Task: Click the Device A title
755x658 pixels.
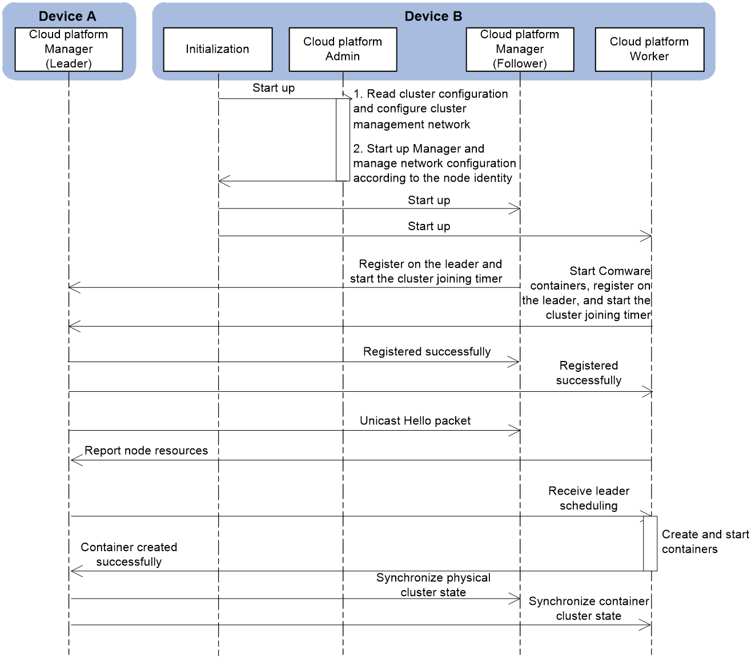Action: (67, 16)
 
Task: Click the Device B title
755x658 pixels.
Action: (433, 16)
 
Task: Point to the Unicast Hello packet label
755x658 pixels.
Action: (415, 421)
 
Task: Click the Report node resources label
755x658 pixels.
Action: (146, 451)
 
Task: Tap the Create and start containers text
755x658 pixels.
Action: (705, 541)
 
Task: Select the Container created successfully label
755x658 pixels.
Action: (129, 554)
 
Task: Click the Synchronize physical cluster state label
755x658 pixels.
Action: (433, 584)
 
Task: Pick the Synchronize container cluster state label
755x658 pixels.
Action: (589, 608)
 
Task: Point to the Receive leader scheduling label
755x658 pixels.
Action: (589, 498)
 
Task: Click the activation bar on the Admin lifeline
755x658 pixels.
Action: (343, 140)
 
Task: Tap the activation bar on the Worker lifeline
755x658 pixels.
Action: (650, 544)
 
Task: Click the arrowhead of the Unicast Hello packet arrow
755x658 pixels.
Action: (515, 430)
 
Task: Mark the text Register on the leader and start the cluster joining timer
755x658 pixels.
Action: (426, 271)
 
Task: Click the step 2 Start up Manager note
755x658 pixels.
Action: (435, 163)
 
